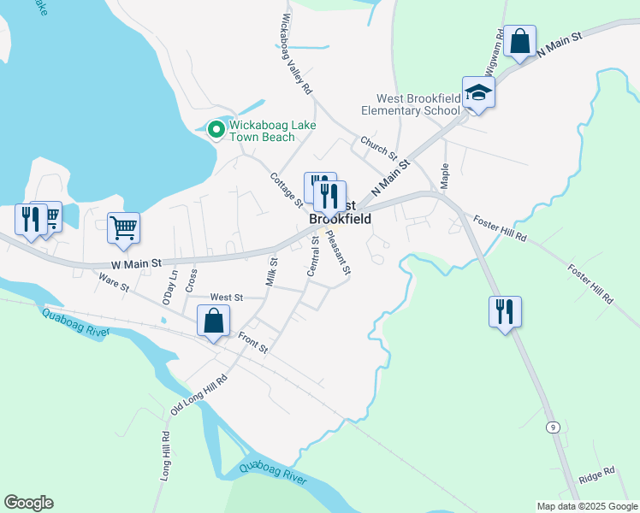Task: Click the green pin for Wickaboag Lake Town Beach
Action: pos(216,130)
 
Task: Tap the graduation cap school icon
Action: pos(478,92)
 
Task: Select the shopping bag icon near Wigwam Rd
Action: pos(519,41)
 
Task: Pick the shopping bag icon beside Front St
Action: pos(213,321)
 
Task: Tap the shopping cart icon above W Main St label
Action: pos(124,227)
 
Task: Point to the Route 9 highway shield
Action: pos(554,426)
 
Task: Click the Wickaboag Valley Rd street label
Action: pos(296,53)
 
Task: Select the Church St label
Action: pos(378,148)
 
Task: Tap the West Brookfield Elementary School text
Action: pos(410,105)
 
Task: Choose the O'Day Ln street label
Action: pos(169,287)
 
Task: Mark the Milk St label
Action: pos(272,273)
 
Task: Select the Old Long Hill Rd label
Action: pos(199,395)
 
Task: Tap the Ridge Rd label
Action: pos(596,471)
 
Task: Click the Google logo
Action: pos(28,503)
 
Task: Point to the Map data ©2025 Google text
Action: pos(586,506)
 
